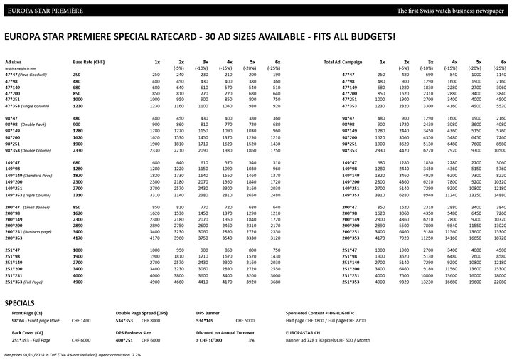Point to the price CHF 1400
coord(81,302)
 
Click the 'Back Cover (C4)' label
coord(26,314)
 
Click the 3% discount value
coord(251,321)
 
